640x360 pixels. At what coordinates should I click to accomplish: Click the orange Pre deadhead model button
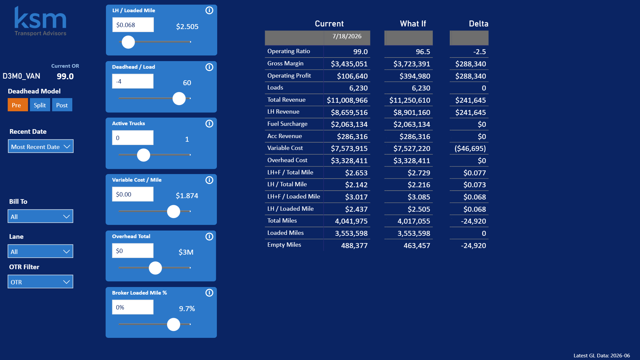tap(18, 105)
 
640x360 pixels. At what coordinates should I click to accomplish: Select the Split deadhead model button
tap(40, 105)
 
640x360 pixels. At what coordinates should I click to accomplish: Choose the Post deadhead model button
tap(62, 105)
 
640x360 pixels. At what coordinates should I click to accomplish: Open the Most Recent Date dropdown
tap(41, 146)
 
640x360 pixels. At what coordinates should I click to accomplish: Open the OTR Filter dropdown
tap(41, 282)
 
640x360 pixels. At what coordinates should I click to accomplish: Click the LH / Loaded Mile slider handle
tap(128, 42)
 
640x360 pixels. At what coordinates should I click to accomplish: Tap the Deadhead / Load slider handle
tap(179, 98)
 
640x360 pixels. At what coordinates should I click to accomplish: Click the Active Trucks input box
tap(133, 138)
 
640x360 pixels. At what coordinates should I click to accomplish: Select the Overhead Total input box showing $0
tap(133, 251)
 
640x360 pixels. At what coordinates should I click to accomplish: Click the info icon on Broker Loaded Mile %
tap(209, 293)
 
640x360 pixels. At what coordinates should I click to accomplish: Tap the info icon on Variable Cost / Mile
tap(209, 180)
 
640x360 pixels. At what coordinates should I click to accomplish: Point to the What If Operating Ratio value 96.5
tap(423, 52)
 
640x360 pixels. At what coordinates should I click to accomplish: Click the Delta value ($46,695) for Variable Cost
tap(470, 149)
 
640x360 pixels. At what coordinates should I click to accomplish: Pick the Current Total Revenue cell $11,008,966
tap(347, 100)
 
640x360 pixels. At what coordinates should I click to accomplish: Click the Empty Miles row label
tap(284, 245)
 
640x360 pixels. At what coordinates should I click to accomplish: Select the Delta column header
tap(479, 24)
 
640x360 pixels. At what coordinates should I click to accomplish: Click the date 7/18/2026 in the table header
tap(347, 36)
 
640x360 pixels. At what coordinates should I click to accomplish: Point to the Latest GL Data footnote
tap(602, 356)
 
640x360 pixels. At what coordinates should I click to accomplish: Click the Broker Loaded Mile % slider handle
tap(174, 324)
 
